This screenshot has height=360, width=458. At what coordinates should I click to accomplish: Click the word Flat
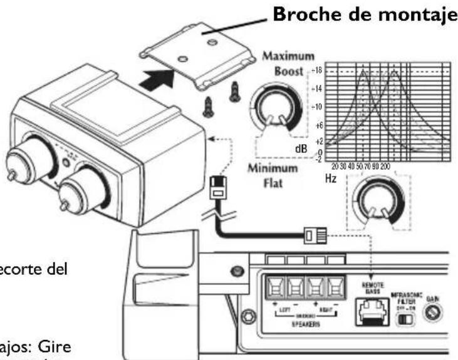pyautogui.click(x=274, y=184)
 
